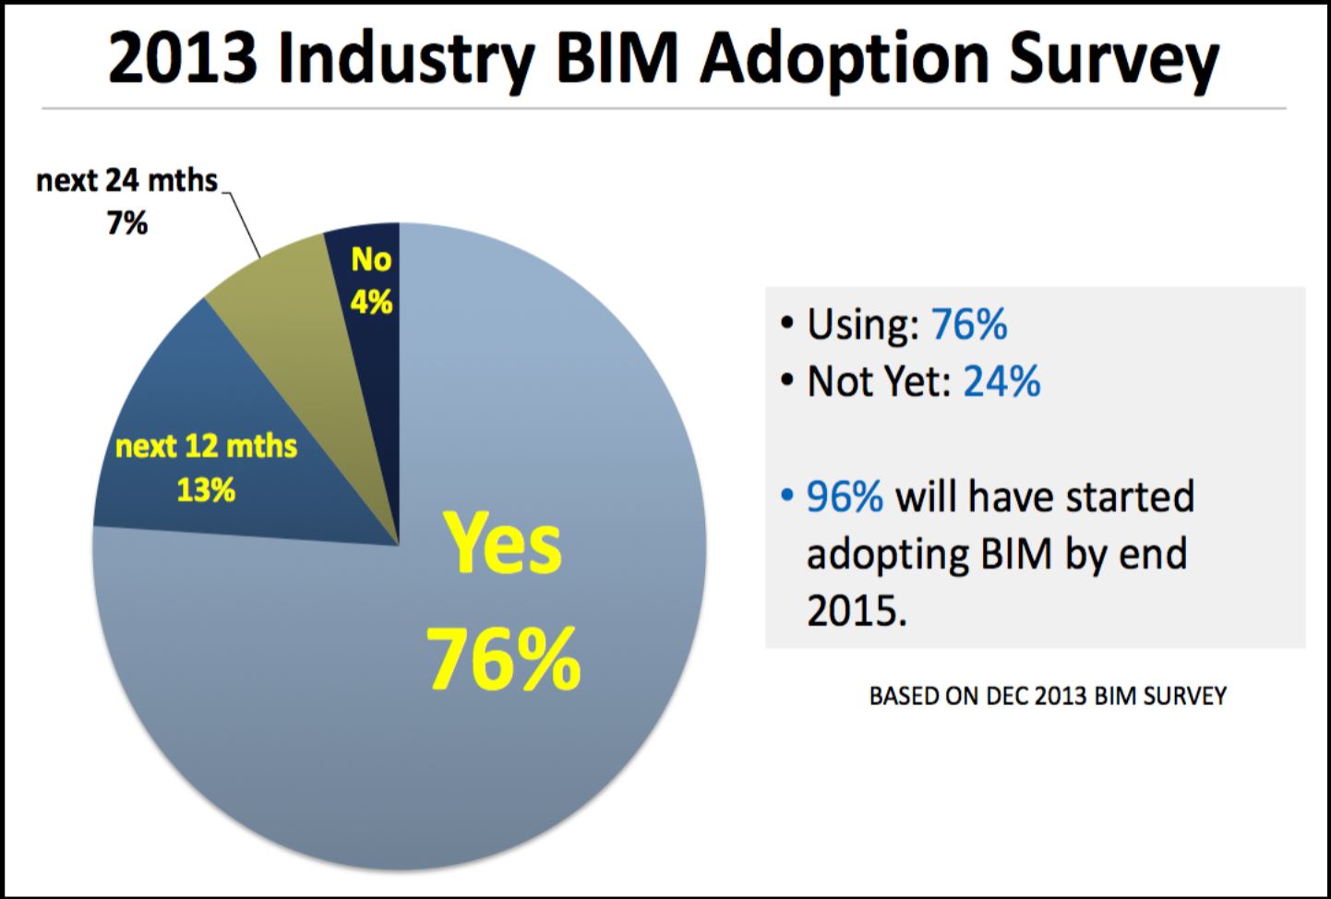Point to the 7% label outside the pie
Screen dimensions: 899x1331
126,223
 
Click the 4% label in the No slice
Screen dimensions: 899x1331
371,302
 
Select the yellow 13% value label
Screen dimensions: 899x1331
206,490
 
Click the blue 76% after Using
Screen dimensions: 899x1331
969,325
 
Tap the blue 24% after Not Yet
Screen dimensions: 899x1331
1001,381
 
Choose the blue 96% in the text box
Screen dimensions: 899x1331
845,497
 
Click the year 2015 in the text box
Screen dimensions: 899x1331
850,610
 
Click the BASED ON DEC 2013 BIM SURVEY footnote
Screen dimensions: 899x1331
1048,696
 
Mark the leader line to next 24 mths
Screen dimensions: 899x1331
242,222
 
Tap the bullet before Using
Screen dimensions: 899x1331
786,325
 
